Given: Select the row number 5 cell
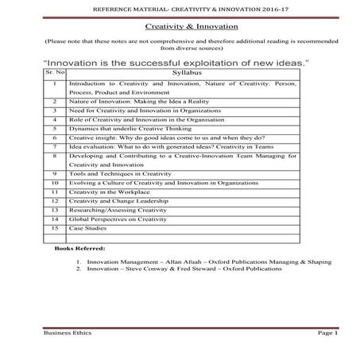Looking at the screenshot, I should [x=52, y=126].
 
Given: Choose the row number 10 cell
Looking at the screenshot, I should [x=52, y=182].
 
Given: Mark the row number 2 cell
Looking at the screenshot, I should [x=52, y=102].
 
